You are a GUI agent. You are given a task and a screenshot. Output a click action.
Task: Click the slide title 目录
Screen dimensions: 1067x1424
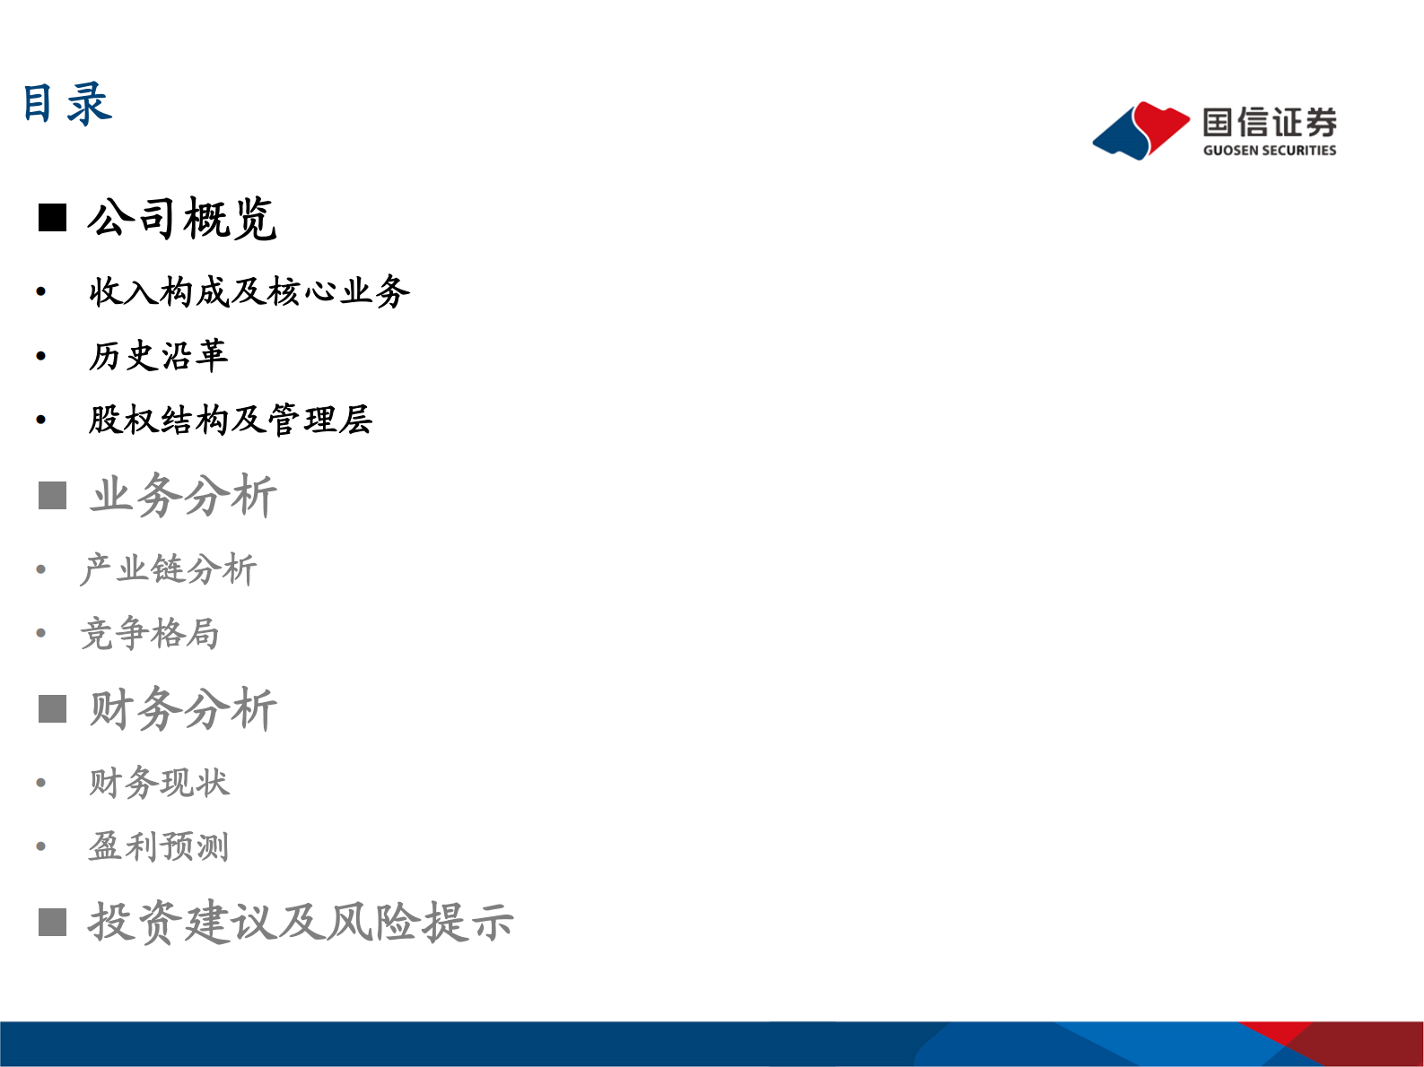[67, 103]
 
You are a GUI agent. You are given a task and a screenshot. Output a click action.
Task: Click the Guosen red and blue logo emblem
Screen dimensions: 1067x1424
[1140, 131]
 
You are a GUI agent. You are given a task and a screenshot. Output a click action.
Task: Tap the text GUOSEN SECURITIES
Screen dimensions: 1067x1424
[1269, 151]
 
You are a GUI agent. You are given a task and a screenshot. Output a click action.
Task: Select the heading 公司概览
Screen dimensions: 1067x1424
[182, 219]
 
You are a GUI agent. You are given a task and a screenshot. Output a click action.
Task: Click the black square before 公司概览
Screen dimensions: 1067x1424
[52, 218]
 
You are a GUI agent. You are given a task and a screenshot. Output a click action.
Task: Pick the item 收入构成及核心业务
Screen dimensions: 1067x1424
[249, 291]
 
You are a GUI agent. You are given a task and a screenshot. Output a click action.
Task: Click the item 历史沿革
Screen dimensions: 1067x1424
[158, 356]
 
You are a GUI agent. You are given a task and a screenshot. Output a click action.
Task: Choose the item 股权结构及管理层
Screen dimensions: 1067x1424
[230, 420]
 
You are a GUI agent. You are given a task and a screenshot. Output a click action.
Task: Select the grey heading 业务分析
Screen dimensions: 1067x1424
[184, 495]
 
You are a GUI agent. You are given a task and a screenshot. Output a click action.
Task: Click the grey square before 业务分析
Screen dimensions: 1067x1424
[52, 495]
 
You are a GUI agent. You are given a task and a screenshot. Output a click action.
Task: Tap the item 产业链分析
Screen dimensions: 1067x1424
[169, 569]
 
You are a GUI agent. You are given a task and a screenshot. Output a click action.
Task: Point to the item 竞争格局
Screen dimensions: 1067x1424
[150, 634]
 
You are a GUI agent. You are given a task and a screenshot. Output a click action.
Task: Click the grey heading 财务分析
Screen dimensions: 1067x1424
[183, 709]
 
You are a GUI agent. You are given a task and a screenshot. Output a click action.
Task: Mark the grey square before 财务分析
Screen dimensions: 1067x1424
[52, 709]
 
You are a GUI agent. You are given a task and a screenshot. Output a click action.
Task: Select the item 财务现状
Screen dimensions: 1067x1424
[159, 783]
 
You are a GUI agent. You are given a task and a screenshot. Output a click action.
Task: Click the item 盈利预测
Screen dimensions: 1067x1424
[159, 846]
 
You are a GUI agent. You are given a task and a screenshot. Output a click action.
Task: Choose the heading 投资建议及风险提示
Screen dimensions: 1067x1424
[301, 922]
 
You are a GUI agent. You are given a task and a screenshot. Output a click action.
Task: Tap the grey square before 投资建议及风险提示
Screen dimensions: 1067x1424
[52, 922]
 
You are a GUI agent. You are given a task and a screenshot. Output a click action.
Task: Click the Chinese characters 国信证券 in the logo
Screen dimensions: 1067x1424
[1269, 123]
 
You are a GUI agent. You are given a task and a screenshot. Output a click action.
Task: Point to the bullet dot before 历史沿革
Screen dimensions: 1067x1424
[41, 357]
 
